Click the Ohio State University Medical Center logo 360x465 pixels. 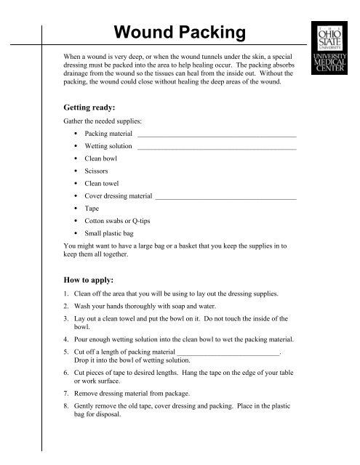[329, 52]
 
